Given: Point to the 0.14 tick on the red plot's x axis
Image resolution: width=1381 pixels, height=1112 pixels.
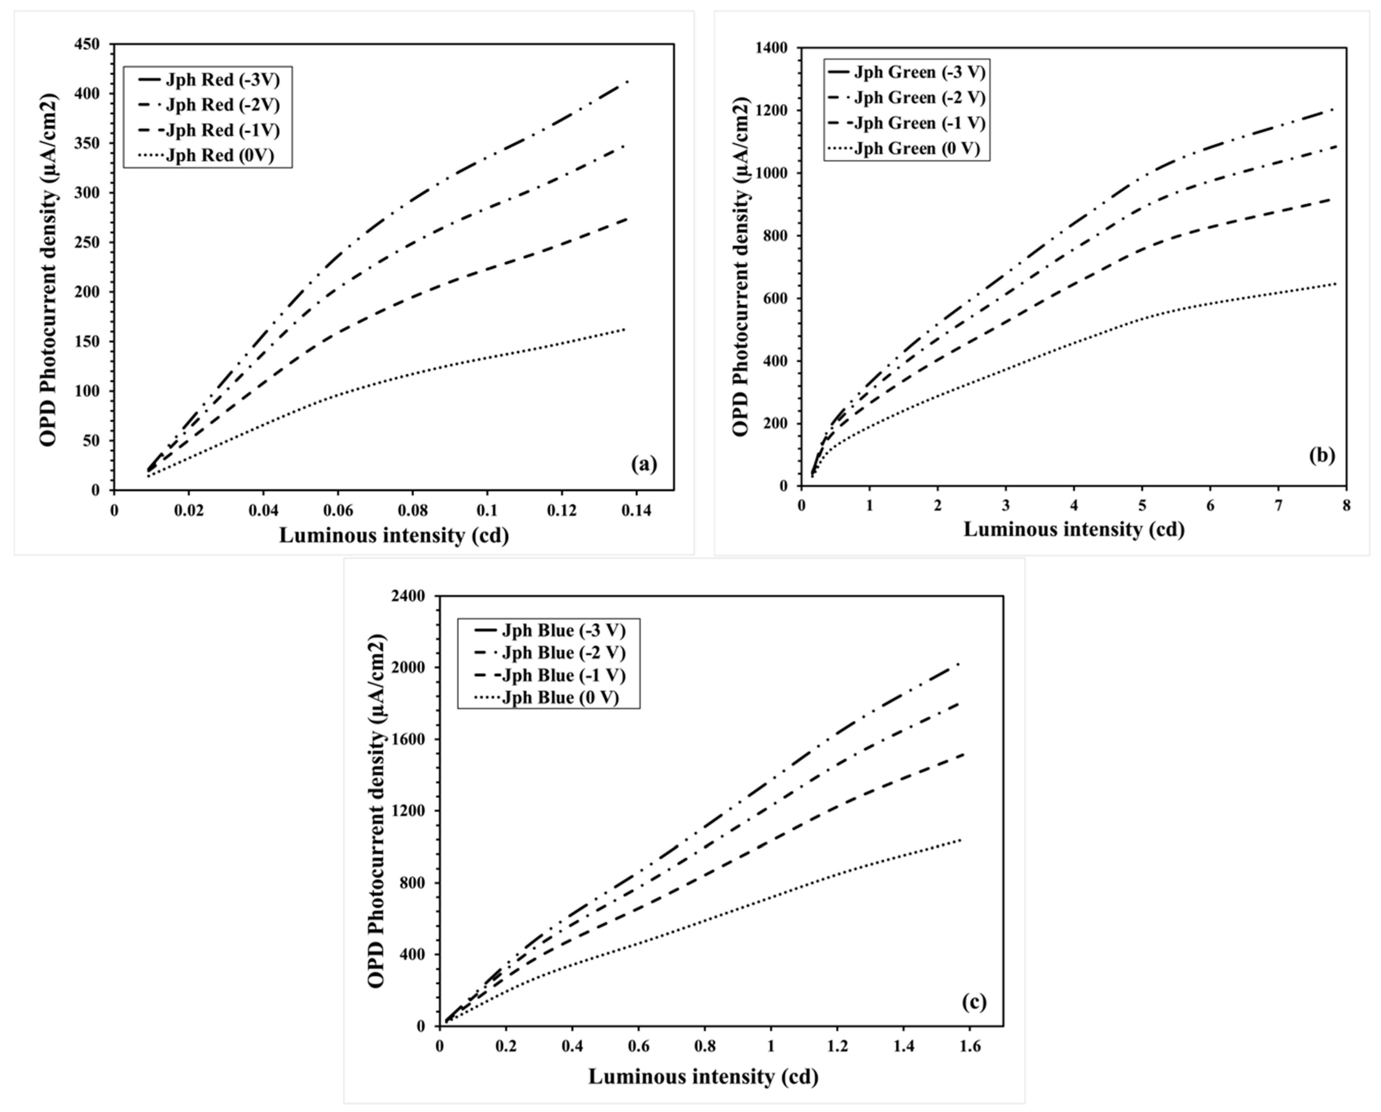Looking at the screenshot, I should click(x=637, y=511).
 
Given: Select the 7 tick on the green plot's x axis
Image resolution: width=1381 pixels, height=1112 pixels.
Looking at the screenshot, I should click(x=1278, y=505).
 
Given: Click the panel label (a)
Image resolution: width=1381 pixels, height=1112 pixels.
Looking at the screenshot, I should click(x=644, y=464).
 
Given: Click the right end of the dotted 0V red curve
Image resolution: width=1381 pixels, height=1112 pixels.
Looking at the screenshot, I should click(x=625, y=329).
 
